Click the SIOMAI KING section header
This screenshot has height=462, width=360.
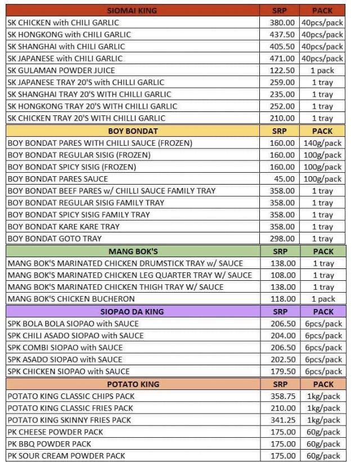[132, 10]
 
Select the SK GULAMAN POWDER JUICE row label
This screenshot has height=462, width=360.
[61, 70]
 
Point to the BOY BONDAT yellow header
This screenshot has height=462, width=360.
[132, 131]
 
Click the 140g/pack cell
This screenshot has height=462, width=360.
[323, 143]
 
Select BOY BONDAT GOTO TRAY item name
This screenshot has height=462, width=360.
[55, 239]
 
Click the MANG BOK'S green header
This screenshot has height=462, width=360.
[132, 252]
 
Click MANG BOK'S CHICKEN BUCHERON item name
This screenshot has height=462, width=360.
[71, 299]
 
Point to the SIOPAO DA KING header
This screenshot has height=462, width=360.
[132, 311]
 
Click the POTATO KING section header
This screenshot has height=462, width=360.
[132, 384]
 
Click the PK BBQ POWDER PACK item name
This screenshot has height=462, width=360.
[49, 444]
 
